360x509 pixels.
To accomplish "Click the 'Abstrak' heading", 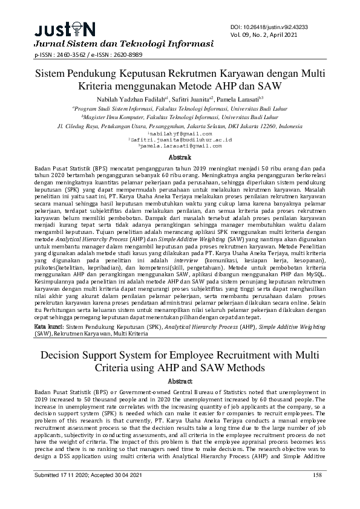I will point(179,156).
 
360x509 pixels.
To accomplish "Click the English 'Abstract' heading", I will point(179,381).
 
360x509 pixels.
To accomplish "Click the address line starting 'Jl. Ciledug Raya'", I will point(179,126).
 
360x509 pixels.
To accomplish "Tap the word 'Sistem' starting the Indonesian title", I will point(53,74).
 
